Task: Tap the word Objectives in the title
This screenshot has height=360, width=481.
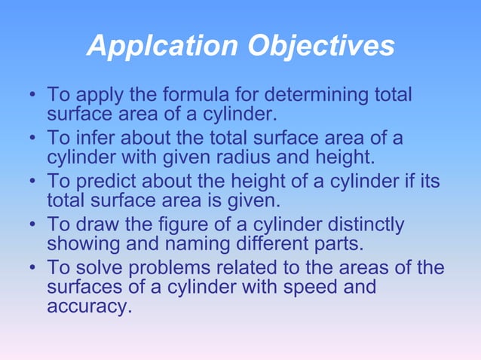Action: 321,47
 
